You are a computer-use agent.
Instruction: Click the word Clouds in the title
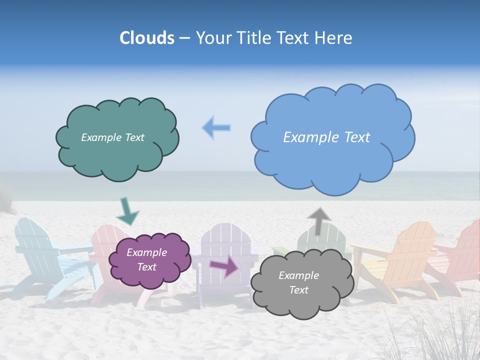(x=147, y=38)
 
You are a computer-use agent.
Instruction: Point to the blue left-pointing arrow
(x=216, y=128)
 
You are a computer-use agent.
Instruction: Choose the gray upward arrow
(x=318, y=220)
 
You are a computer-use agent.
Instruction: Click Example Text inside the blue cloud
(x=326, y=137)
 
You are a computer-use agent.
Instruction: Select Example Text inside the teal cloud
(x=112, y=137)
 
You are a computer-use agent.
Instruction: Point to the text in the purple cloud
(x=146, y=260)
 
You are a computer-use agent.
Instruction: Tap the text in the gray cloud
(x=298, y=282)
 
